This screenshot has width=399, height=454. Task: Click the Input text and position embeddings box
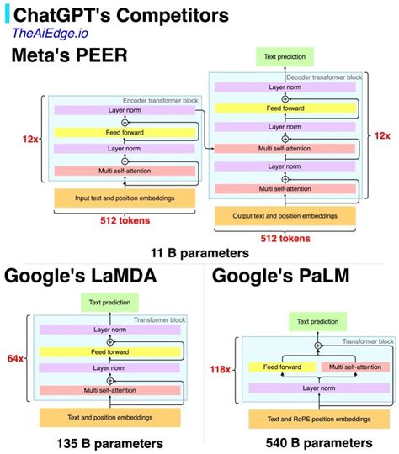pyautogui.click(x=124, y=199)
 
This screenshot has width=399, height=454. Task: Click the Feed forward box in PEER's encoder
pyautogui.click(x=124, y=132)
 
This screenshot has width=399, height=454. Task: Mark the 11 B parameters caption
pyautogui.click(x=199, y=252)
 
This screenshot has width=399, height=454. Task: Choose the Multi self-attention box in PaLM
pyautogui.click(x=354, y=367)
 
